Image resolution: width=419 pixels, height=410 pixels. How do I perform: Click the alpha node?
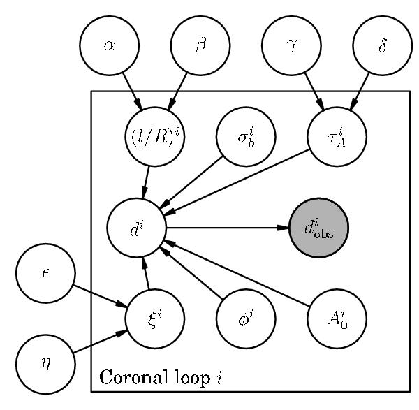click(109, 45)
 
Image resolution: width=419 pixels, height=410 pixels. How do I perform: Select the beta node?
click(200, 45)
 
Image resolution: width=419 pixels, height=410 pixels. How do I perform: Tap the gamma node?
click(291, 45)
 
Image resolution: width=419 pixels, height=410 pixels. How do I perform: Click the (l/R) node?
click(155, 136)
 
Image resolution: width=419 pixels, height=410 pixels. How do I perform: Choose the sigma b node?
click(246, 136)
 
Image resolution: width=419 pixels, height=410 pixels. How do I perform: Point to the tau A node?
click(337, 136)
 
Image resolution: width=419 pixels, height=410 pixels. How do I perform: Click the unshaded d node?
click(137, 228)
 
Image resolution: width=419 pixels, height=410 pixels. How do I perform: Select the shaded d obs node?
click(318, 228)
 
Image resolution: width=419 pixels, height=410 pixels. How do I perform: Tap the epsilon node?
click(46, 273)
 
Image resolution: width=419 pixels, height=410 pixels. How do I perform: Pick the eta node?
click(46, 364)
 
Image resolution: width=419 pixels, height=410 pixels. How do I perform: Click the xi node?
click(155, 319)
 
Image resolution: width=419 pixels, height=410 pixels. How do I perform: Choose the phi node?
click(246, 319)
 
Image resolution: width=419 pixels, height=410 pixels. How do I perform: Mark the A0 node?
click(337, 319)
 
